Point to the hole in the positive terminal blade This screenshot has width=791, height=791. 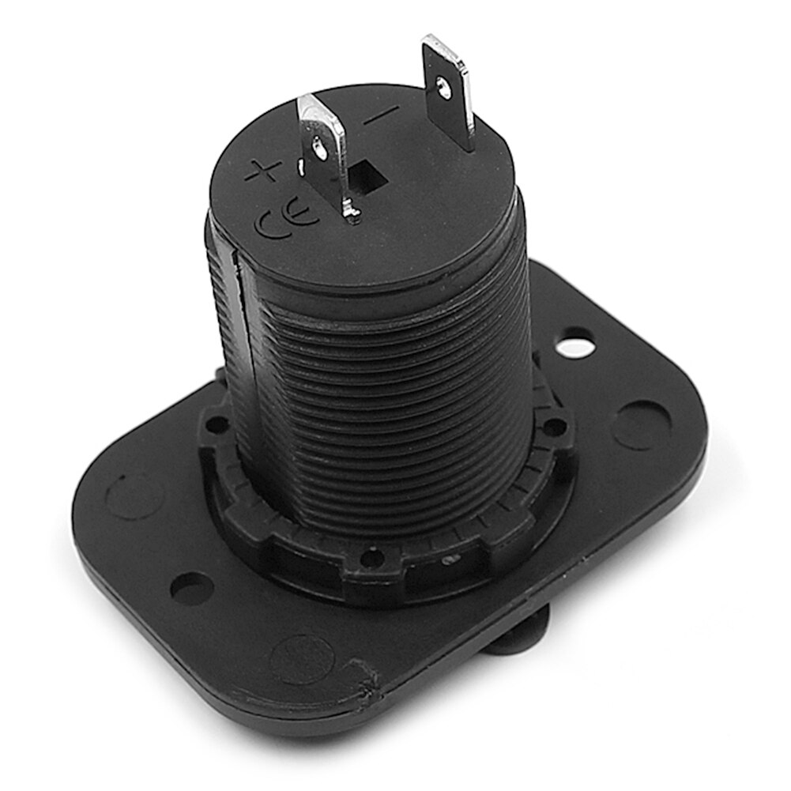point(318,145)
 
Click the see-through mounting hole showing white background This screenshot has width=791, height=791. point(574,345)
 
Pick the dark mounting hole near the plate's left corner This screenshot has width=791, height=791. point(190,588)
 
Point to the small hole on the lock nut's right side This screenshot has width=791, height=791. point(556,428)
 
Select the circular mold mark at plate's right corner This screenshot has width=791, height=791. point(642,424)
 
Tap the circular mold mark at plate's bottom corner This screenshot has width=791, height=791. point(302,658)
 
